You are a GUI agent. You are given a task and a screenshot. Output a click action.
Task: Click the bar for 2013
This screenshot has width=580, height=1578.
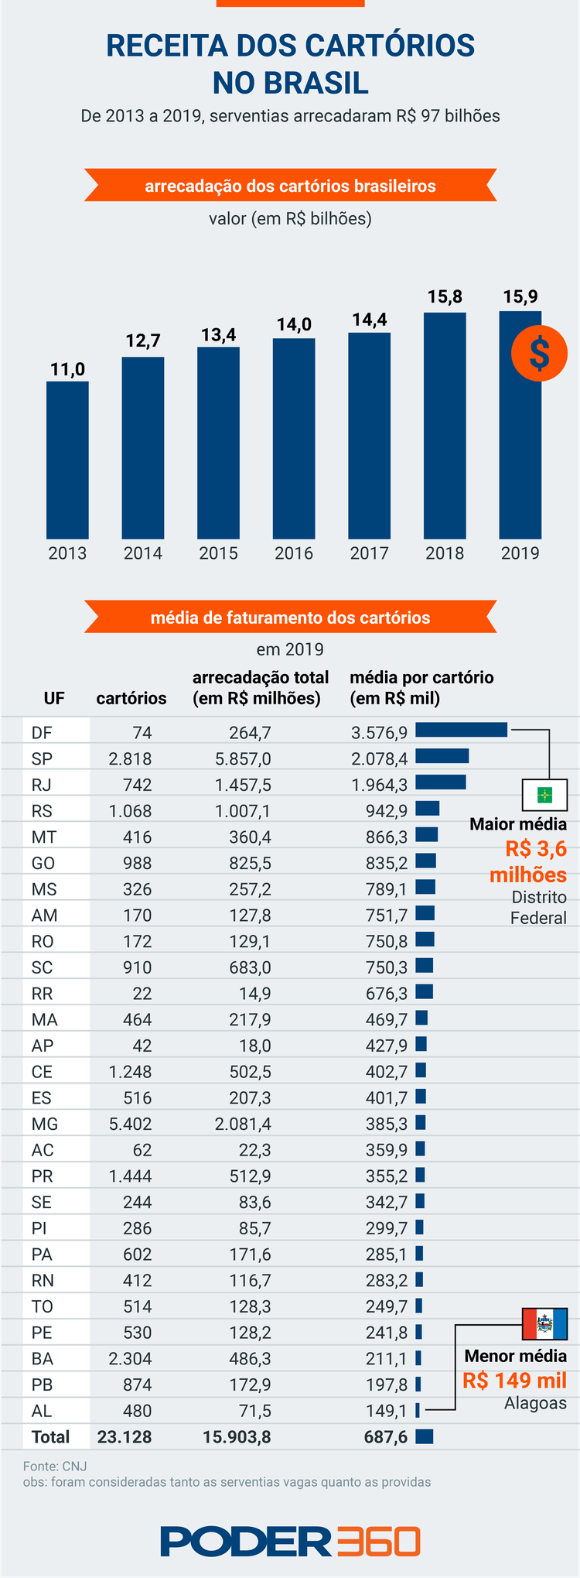tap(67, 460)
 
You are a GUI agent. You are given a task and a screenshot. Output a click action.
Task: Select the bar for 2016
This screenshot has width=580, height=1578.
tap(294, 438)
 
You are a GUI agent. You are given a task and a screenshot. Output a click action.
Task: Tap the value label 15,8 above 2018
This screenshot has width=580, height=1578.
tap(445, 296)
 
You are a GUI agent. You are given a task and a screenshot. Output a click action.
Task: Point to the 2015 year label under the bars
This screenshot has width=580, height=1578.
tap(218, 553)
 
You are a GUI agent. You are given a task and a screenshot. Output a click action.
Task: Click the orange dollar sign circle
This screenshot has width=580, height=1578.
tap(539, 353)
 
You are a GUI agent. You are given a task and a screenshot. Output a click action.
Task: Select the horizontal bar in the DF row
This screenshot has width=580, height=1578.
tap(461, 730)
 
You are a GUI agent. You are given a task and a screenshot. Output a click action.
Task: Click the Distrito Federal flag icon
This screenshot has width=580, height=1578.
tap(545, 794)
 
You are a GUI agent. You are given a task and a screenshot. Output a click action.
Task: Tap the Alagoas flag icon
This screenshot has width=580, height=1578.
tap(545, 1323)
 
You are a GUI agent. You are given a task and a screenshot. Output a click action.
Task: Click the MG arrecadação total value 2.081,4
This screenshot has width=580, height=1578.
tap(243, 1124)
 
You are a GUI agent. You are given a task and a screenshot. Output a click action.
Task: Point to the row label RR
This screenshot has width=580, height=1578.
tap(43, 994)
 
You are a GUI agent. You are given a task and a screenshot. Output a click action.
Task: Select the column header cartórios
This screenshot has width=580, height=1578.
tap(131, 699)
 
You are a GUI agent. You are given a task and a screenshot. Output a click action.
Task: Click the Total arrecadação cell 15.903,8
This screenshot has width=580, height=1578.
tap(237, 1437)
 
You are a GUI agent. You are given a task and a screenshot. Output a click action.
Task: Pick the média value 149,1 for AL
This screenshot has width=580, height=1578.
tap(387, 1411)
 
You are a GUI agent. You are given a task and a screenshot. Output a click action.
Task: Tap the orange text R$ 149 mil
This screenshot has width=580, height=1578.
tap(514, 1381)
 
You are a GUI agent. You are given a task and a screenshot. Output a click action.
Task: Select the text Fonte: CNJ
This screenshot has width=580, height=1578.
tap(55, 1466)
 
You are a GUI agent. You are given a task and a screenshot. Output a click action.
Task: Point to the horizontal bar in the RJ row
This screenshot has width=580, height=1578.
tap(441, 782)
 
